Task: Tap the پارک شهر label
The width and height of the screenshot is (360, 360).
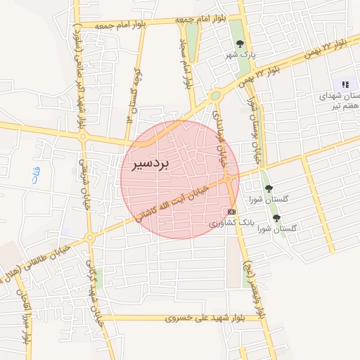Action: (x=238, y=54)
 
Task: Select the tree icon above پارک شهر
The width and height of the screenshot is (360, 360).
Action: (x=240, y=44)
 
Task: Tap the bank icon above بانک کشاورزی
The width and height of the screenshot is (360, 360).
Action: (x=232, y=211)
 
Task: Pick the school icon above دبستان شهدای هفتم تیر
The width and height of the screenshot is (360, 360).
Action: (x=345, y=84)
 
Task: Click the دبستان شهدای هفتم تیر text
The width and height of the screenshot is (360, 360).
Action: (x=340, y=101)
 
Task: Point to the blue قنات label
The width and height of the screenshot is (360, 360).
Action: (x=36, y=173)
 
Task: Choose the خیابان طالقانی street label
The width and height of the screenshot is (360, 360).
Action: (x=49, y=257)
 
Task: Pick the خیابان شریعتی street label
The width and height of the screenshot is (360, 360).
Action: (x=84, y=187)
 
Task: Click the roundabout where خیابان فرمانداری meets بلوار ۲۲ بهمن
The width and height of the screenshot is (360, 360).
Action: (x=215, y=96)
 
